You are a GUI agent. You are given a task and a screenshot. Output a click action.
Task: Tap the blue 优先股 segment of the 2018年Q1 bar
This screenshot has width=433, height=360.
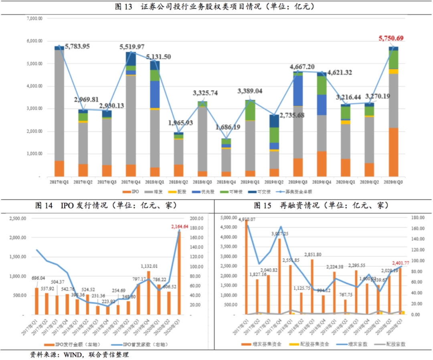(x=155, y=95)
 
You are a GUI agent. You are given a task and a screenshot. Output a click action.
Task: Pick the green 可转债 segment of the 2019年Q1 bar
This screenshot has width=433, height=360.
(x=250, y=110)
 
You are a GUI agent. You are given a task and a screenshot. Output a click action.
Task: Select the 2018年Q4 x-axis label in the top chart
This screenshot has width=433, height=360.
(x=226, y=182)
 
